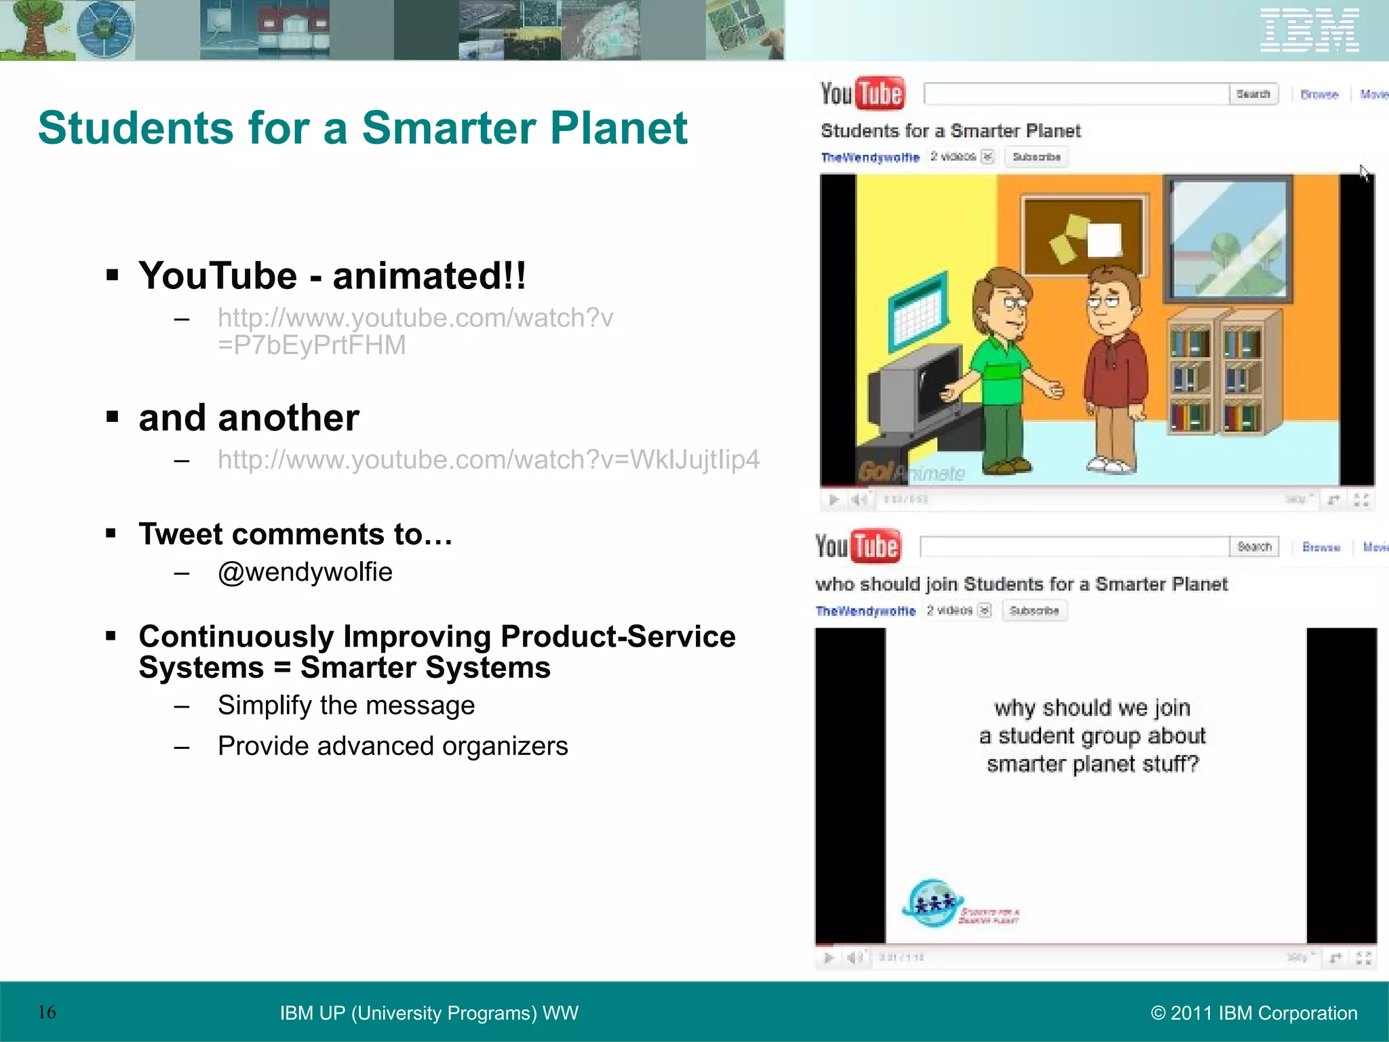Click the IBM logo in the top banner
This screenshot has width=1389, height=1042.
pos(1309,30)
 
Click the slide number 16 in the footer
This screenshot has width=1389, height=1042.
pos(47,1012)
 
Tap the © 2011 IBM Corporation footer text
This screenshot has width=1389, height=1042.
pos(1254,1013)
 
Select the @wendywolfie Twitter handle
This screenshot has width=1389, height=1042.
pos(305,572)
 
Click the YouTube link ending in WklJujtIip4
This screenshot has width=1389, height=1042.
pos(488,459)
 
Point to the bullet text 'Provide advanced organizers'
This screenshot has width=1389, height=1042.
pos(393,746)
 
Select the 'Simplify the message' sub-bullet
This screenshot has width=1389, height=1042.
pos(346,705)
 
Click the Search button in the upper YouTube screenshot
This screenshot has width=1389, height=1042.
pos(1253,94)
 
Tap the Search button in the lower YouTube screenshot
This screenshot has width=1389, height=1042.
pos(1254,546)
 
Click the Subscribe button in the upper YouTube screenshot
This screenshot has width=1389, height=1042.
pos(1036,157)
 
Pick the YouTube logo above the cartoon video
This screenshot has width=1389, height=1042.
pos(861,94)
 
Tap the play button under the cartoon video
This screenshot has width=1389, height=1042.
pos(834,499)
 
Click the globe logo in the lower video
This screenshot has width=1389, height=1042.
pos(933,902)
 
